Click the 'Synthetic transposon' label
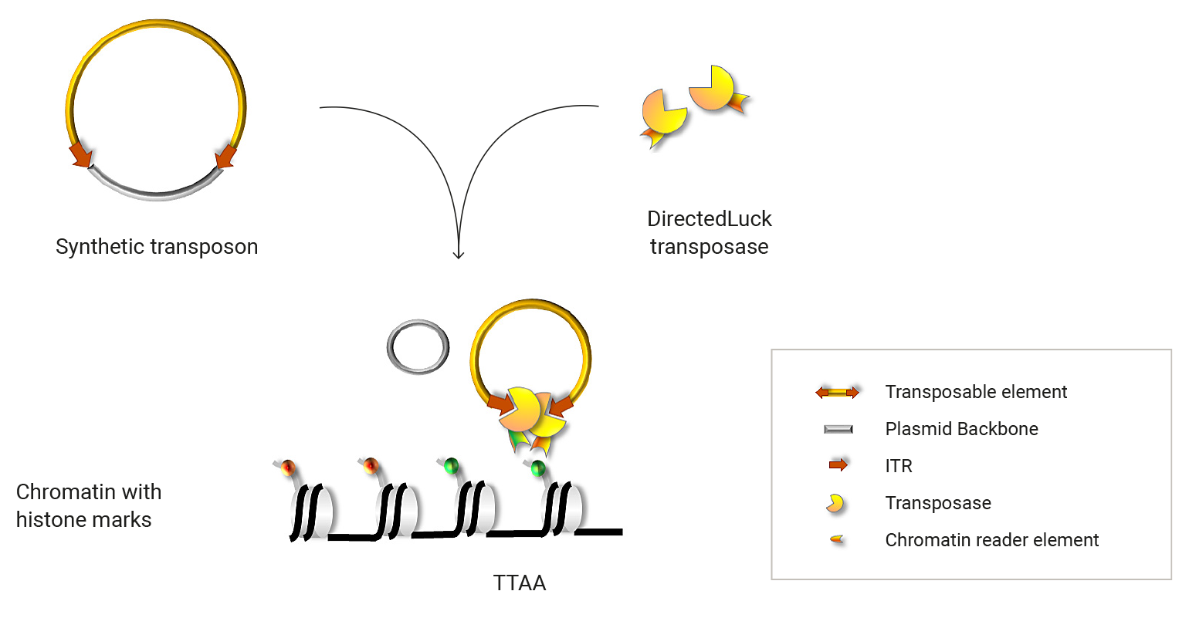click(157, 247)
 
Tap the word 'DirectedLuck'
click(709, 219)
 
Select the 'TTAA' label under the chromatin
click(520, 583)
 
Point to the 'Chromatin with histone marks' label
click(88, 505)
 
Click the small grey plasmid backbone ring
click(418, 346)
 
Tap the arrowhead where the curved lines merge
click(459, 255)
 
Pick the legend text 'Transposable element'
click(975, 392)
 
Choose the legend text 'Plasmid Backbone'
click(961, 429)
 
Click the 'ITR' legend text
click(899, 466)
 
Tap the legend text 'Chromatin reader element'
click(991, 540)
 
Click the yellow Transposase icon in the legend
click(835, 504)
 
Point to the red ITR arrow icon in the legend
click(838, 465)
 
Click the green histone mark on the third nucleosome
click(452, 465)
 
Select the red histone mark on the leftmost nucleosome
click(289, 467)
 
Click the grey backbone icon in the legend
click(838, 429)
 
